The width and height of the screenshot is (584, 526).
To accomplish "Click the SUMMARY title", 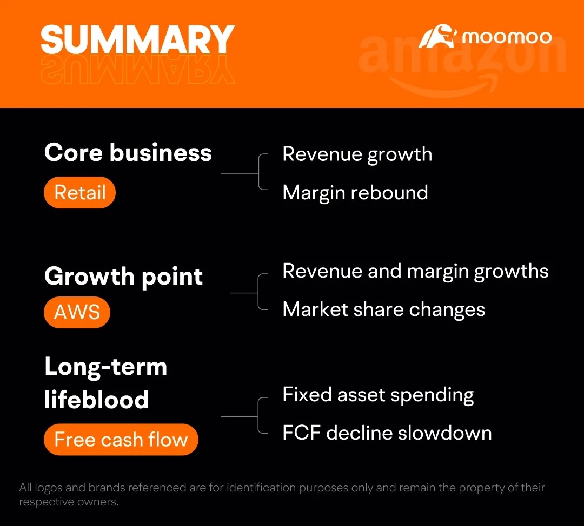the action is tap(138, 39).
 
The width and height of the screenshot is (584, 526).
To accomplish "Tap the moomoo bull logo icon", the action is tap(437, 37).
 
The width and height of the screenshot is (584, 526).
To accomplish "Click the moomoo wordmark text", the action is tap(507, 37).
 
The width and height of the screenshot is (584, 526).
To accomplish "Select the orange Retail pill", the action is tap(79, 192).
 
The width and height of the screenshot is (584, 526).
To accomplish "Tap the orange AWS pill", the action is tap(77, 312).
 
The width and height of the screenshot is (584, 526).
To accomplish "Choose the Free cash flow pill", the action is tap(121, 440).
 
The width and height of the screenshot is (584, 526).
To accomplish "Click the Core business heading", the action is tap(128, 153).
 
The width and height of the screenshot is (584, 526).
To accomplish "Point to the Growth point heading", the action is tap(124, 277).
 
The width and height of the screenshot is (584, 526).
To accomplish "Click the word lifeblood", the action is tap(97, 400).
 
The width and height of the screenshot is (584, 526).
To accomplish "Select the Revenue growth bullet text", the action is tap(357, 155).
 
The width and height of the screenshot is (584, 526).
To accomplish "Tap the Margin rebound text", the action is tap(355, 193).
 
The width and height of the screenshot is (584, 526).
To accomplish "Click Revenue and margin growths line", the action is tap(416, 272).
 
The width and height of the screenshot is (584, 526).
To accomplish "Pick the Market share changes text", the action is tap(384, 309).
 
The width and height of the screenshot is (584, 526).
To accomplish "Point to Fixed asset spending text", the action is tap(379, 395).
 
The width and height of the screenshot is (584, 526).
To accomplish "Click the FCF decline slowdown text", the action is tap(387, 433).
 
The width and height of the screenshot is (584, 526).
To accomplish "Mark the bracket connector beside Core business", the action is tap(258, 173).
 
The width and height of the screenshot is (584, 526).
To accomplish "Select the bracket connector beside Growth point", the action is tap(258, 293).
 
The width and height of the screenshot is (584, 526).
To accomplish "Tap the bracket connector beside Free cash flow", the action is tap(258, 416).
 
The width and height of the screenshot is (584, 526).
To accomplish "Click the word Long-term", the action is tap(106, 367).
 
